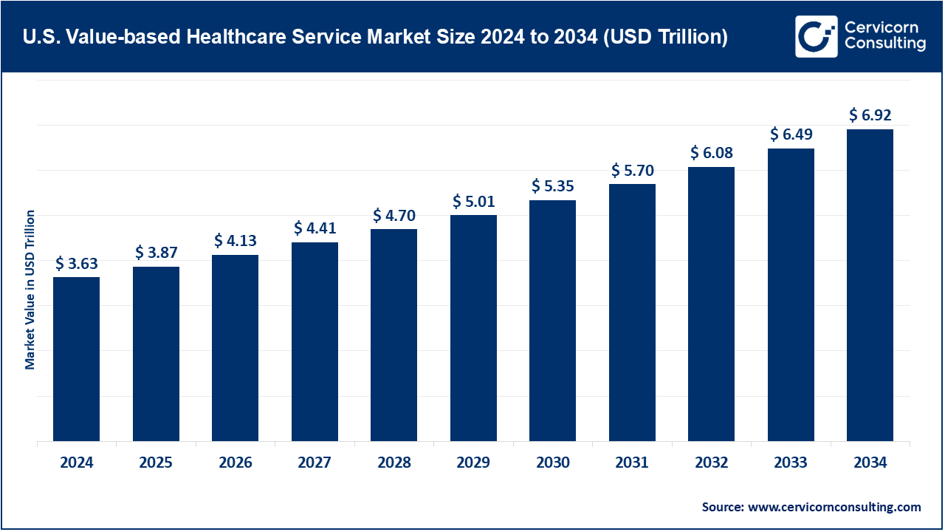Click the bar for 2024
[76, 359]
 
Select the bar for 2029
[473, 328]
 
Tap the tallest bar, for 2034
[870, 285]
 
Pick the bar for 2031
[632, 313]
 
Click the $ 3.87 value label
[156, 253]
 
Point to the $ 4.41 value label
[315, 228]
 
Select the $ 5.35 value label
[552, 186]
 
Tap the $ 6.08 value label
[711, 153]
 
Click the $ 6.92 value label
[870, 115]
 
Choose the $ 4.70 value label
[394, 216]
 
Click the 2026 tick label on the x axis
[235, 463]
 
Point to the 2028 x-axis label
[394, 463]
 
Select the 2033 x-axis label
[791, 463]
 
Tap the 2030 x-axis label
[552, 463]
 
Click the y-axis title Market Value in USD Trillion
[30, 290]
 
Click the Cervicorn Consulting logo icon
[816, 36]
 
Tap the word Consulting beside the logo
[884, 44]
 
